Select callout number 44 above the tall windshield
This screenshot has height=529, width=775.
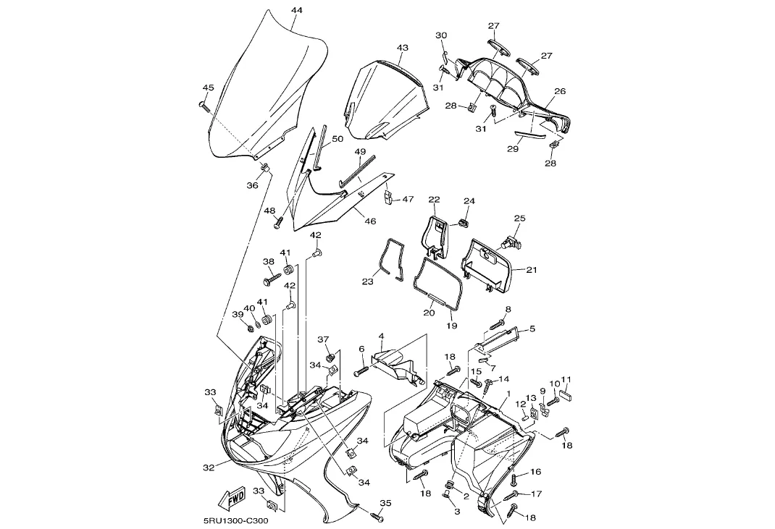(297, 10)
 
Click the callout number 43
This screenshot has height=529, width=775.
(403, 48)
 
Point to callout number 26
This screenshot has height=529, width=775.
(560, 91)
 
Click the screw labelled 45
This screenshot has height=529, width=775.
(204, 106)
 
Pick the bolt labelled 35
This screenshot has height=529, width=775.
(376, 516)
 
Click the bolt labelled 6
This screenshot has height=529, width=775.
(361, 371)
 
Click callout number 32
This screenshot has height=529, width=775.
(209, 467)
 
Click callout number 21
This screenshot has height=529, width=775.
(532, 269)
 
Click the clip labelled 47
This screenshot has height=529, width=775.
(389, 198)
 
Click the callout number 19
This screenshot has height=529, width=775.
(451, 326)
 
